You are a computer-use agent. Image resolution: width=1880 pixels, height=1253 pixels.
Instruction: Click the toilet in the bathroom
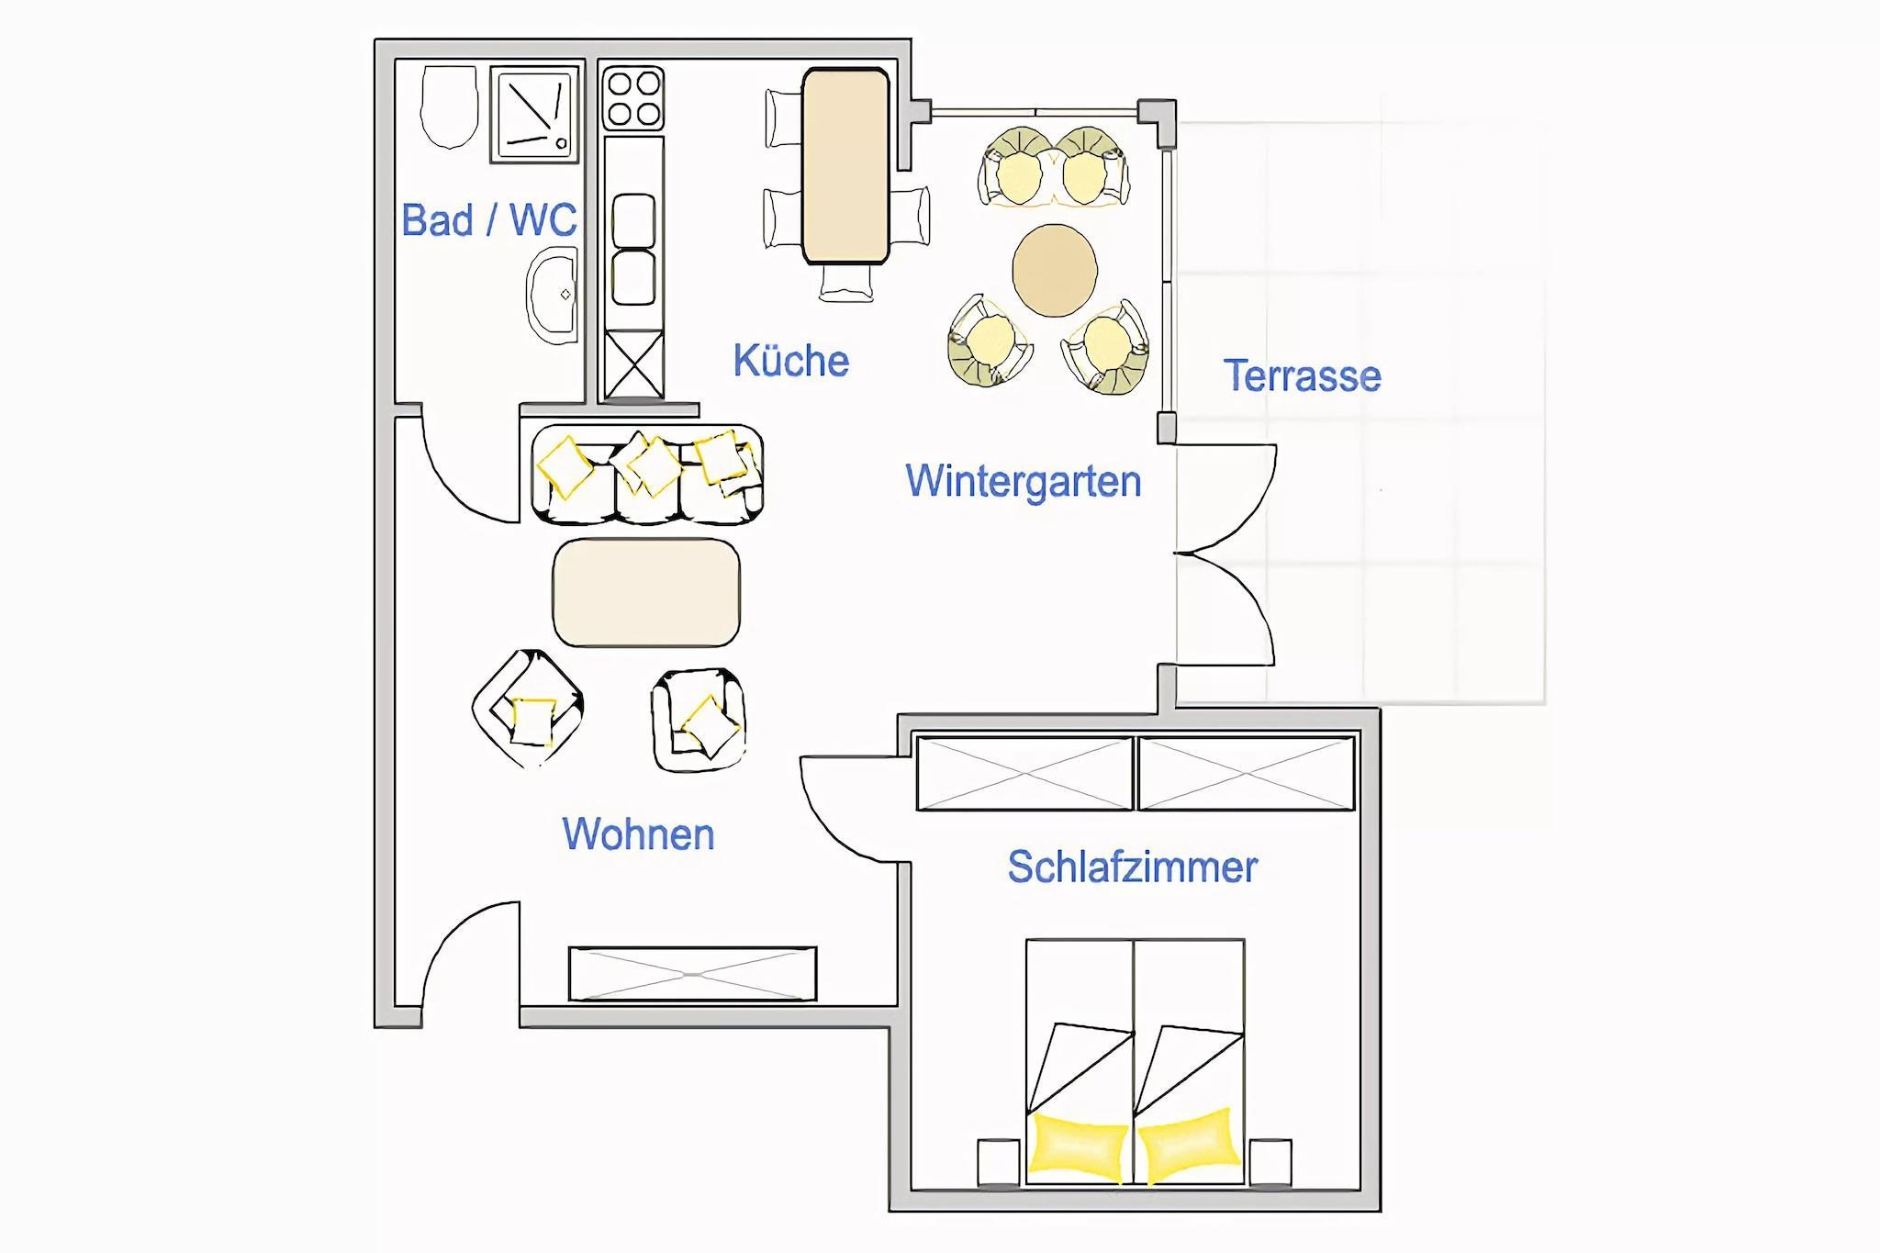[x=449, y=106]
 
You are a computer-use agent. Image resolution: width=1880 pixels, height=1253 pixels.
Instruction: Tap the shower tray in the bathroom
[x=535, y=114]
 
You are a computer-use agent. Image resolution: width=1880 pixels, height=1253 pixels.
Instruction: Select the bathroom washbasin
[x=553, y=296]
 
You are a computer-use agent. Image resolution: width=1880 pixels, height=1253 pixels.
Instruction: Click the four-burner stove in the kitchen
[x=633, y=98]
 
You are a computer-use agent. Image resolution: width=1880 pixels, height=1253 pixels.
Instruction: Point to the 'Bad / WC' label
[x=489, y=220]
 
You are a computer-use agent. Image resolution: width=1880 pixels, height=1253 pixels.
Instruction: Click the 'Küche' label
[x=790, y=361]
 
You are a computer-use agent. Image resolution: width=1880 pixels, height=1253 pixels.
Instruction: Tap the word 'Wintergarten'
[x=1023, y=481]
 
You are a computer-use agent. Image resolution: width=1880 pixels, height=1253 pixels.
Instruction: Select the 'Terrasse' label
[x=1302, y=376]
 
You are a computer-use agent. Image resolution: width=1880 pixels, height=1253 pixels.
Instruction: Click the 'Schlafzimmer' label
[x=1132, y=867]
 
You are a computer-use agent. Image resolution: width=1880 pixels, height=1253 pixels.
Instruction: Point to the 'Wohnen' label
[x=638, y=834]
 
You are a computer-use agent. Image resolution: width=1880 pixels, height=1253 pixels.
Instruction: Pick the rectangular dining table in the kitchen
[x=845, y=165]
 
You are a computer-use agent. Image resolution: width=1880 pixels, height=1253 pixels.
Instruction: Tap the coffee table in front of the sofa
[x=646, y=592]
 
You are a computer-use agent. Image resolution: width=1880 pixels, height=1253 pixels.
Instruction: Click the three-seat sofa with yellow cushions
[x=647, y=475]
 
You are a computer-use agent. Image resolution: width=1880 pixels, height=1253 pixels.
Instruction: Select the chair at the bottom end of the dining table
[x=846, y=283]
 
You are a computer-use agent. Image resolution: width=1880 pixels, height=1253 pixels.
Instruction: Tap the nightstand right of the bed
[x=1270, y=1162]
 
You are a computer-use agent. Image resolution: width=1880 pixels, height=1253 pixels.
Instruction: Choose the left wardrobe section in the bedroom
[x=1024, y=774]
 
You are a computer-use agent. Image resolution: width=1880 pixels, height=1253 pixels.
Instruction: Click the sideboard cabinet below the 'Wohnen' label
[x=692, y=974]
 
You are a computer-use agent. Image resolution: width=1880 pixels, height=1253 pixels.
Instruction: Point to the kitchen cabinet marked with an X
[x=633, y=364]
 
